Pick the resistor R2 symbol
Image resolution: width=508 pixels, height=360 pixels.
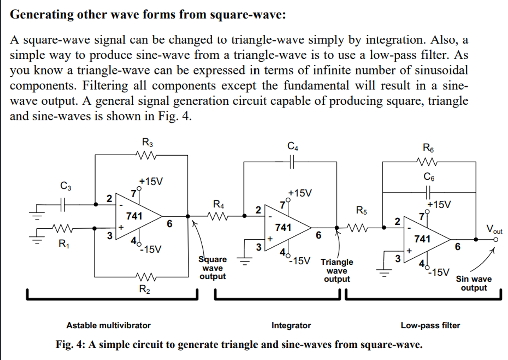tap(145, 277)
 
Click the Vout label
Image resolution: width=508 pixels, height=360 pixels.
tap(494, 229)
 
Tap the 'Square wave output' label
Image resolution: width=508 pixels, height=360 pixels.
tap(212, 268)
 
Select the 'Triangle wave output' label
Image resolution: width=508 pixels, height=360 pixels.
tap(337, 271)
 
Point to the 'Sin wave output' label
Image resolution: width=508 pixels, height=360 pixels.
tap(474, 284)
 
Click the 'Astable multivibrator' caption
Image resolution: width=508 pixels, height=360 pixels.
tap(109, 325)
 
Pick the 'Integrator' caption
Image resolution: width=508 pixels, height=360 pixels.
tap(291, 325)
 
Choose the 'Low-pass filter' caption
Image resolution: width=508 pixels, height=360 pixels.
tap(430, 325)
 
